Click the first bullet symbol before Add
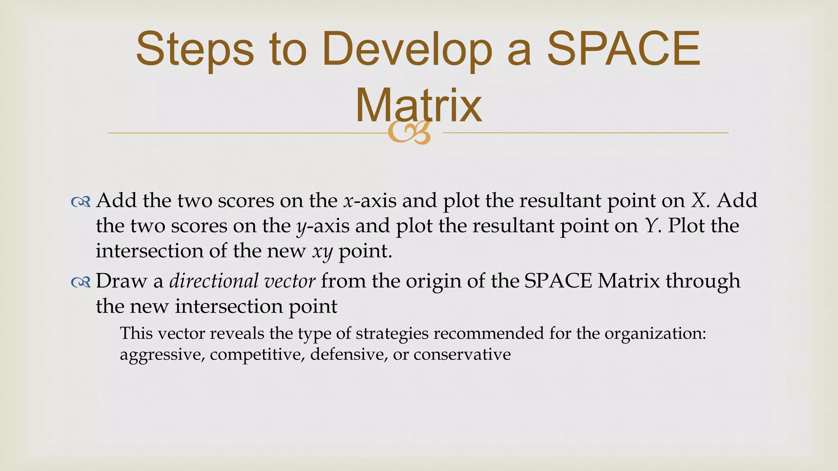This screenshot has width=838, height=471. click(81, 202)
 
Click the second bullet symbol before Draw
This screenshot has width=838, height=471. click(81, 282)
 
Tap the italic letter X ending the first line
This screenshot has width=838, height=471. click(698, 200)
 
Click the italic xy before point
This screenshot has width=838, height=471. click(322, 251)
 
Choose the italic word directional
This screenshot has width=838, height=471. click(214, 281)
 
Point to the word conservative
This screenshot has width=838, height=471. click(462, 354)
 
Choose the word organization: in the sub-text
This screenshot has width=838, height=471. click(656, 334)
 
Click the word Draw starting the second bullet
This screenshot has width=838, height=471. click(121, 281)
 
